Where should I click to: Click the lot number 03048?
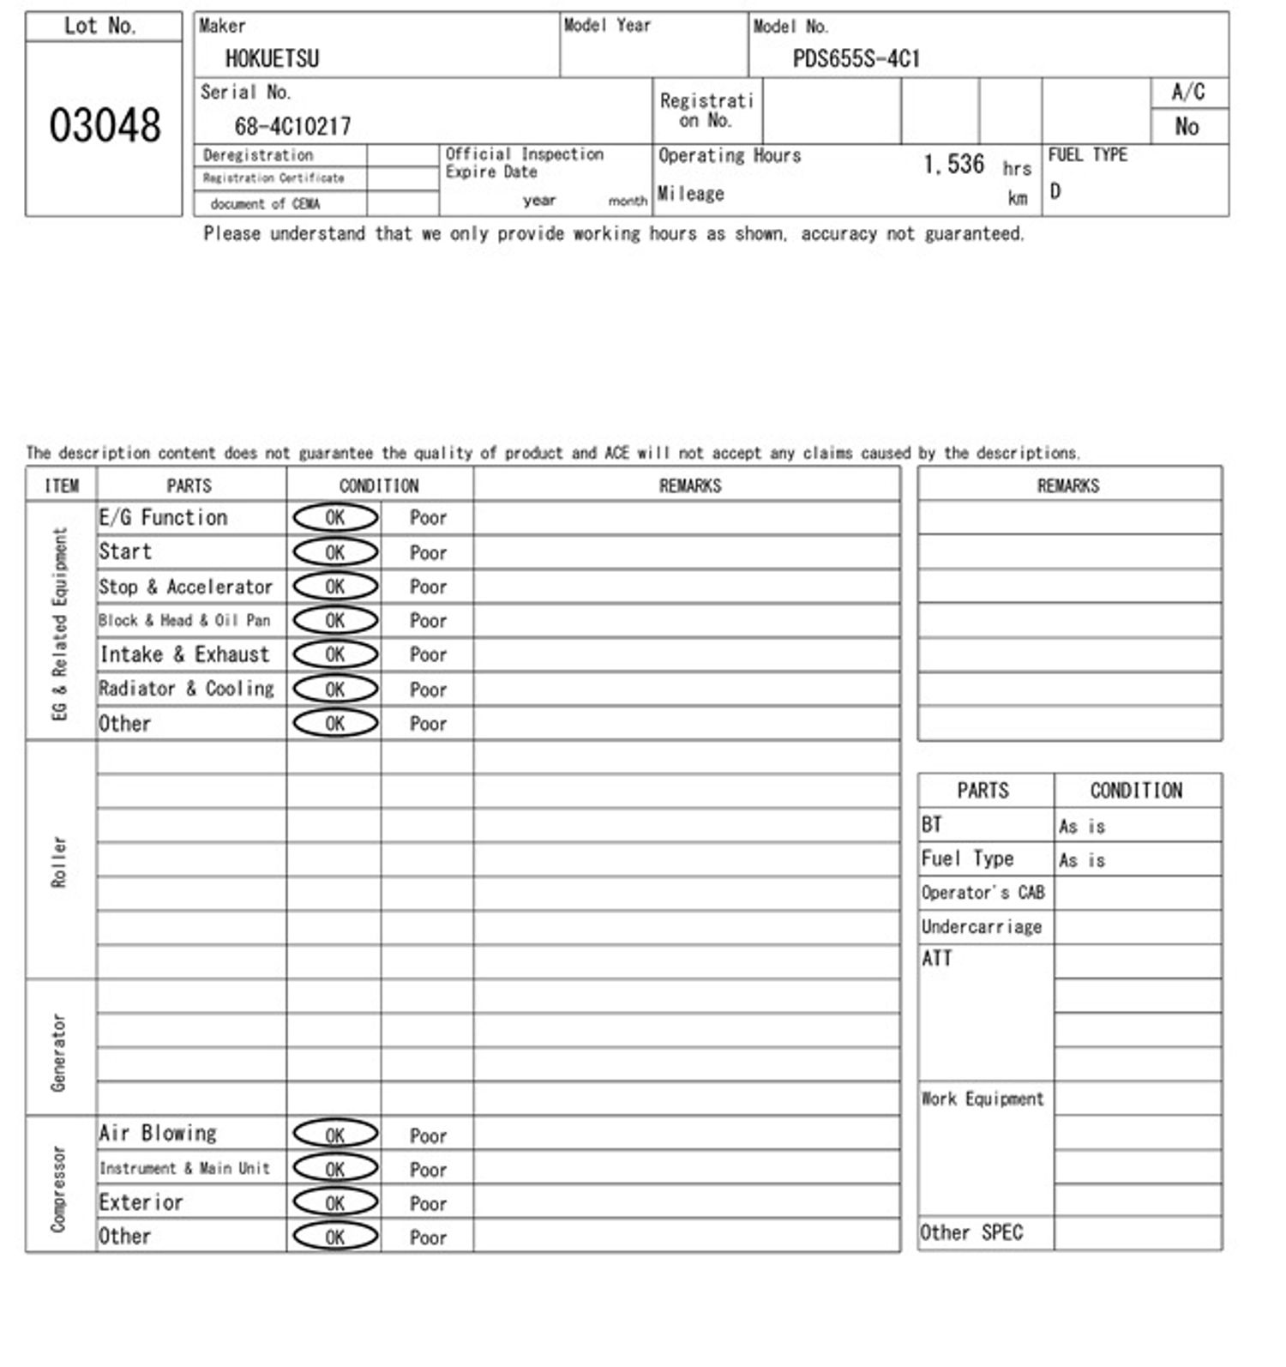[105, 126]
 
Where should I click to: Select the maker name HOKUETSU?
[272, 58]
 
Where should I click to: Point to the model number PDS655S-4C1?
[856, 58]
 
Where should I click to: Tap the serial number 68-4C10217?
[292, 127]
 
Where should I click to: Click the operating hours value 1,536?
[953, 164]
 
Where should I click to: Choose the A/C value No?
[1187, 127]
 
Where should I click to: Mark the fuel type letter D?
[1055, 191]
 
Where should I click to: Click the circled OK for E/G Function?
[335, 517]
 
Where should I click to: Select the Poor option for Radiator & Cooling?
[428, 690]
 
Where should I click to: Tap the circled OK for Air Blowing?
[335, 1135]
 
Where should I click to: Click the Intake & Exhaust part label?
[184, 654]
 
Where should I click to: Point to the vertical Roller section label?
[59, 861]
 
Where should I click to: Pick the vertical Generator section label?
[59, 1051]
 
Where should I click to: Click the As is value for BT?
[1082, 827]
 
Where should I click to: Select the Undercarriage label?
[982, 927]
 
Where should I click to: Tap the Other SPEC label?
[971, 1233]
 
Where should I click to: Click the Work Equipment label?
[983, 1099]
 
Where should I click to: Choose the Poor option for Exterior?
[428, 1203]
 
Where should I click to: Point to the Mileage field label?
[690, 194]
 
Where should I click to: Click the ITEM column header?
[61, 485]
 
